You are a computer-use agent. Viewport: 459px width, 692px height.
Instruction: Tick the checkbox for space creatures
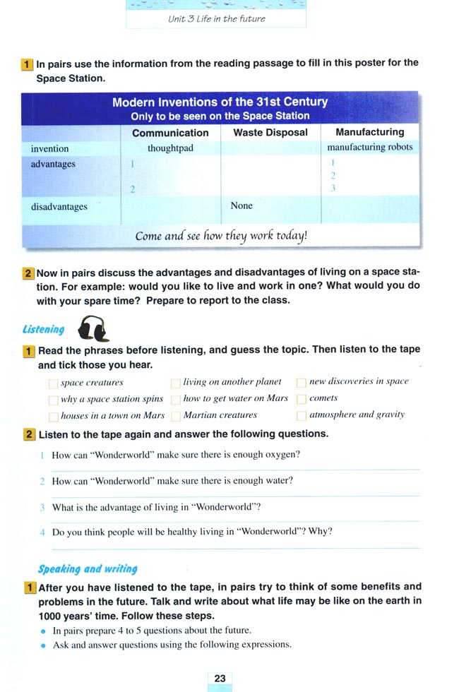[x=53, y=383]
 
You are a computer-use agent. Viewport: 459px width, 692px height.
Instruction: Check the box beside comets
[x=302, y=400]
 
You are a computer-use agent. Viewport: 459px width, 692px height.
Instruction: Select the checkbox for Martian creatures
[x=176, y=417]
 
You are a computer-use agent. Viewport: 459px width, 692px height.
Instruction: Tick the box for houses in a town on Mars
[x=53, y=417]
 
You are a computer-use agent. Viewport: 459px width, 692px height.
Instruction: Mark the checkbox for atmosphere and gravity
[x=302, y=416]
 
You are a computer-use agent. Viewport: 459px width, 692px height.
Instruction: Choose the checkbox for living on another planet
[x=176, y=383]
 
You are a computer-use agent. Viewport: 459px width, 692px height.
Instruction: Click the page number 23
[x=220, y=679]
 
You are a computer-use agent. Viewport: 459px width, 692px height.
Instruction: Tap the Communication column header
[x=170, y=133]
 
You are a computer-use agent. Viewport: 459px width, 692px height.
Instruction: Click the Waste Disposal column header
[x=270, y=132]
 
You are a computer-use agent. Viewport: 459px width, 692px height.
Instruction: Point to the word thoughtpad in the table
[x=170, y=148]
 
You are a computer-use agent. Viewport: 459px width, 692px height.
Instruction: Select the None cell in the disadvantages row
[x=242, y=205]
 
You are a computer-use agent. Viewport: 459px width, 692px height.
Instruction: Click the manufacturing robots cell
[x=370, y=147]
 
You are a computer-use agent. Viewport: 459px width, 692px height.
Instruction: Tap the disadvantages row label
[x=59, y=207]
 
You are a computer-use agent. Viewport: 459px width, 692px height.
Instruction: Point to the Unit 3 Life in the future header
[x=216, y=18]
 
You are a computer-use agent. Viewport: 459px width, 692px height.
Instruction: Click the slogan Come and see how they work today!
[x=221, y=236]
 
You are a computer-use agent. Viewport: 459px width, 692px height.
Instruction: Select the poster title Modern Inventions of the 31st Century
[x=220, y=102]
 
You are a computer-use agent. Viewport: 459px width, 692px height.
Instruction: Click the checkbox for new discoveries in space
[x=302, y=383]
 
